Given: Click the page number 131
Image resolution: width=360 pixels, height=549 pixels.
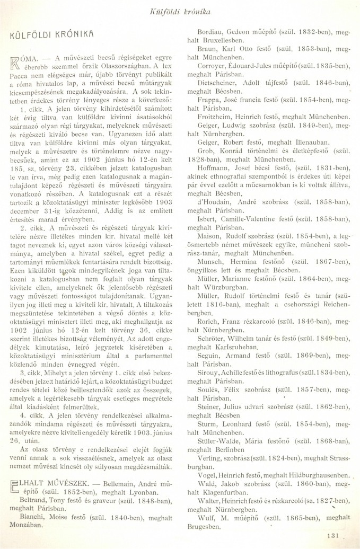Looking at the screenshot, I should pyautogui.click(x=332, y=535).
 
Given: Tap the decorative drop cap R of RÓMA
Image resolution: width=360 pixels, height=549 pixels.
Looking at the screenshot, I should pyautogui.click(x=16, y=63).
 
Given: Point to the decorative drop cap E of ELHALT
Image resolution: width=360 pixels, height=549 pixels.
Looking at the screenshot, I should pyautogui.click(x=16, y=472).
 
